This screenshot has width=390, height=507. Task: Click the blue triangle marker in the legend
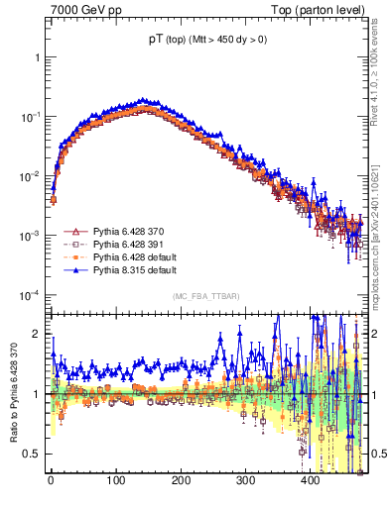point(73,270)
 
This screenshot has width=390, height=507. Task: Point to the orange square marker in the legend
point(73,257)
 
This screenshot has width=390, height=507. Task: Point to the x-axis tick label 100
point(116,480)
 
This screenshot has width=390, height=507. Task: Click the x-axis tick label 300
point(246,480)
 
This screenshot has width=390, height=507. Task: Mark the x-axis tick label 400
point(311,480)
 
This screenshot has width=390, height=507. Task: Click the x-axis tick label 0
point(51,480)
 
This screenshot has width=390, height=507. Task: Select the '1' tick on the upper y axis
point(37,57)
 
